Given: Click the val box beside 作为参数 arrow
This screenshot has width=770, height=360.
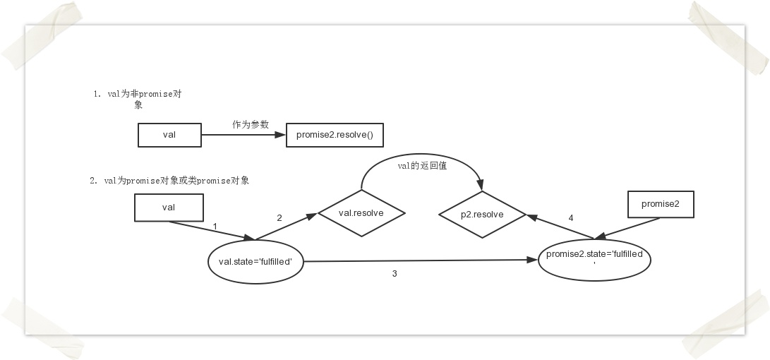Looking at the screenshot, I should click(169, 135).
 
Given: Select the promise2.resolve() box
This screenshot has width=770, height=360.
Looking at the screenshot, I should click(335, 135).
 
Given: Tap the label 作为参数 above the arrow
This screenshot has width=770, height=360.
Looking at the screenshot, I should click(251, 124).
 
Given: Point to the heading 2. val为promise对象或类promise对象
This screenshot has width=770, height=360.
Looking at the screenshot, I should click(169, 181).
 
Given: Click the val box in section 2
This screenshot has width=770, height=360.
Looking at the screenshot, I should click(169, 208).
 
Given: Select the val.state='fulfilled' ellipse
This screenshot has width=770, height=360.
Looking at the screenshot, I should click(255, 261).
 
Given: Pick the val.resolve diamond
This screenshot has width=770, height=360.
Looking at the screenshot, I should click(361, 212).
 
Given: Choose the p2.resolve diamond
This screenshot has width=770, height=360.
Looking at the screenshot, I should click(482, 213).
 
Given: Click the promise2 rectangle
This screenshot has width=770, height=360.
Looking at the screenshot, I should click(661, 205).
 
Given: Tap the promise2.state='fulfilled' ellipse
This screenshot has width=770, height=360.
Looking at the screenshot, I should click(594, 259).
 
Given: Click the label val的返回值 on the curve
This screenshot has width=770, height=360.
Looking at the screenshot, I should click(422, 167).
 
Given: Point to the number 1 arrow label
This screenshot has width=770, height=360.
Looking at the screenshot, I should click(215, 226).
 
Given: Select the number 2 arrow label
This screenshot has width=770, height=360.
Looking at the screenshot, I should click(279, 218).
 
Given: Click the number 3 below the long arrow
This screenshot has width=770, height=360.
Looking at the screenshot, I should click(394, 273).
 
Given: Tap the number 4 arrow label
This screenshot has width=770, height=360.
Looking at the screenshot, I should click(570, 217).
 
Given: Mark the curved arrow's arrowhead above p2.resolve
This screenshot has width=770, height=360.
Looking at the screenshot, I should click(481, 186).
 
